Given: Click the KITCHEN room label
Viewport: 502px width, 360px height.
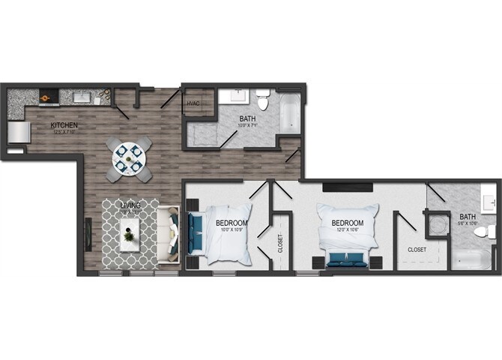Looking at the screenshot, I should [x=64, y=125].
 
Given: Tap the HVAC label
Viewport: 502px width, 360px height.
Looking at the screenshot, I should [x=193, y=103].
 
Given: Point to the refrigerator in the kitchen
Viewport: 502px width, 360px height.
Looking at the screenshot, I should [x=19, y=133].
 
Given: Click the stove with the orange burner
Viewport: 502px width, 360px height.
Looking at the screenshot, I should [x=47, y=96].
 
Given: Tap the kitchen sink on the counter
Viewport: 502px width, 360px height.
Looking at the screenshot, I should [x=80, y=97].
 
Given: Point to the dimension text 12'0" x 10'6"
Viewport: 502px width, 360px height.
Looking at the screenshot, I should [x=348, y=231].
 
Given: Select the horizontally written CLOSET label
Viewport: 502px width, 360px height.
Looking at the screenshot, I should [x=417, y=249].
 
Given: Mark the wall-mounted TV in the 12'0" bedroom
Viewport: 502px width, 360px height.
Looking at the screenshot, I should [x=348, y=185].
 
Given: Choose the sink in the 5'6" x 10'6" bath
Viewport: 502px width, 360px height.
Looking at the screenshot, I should [x=490, y=201].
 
